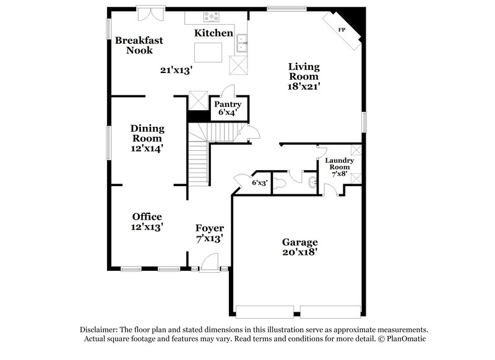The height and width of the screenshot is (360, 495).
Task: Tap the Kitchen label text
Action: coord(213,33)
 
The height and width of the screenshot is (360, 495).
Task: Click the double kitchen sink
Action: coord(242,45)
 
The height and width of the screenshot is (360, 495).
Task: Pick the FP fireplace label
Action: coord(341,30)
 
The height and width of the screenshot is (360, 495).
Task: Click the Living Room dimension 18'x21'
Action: coord(303,87)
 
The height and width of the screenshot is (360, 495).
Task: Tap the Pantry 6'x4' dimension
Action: coord(227,113)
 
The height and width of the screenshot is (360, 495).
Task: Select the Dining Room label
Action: coord(147,134)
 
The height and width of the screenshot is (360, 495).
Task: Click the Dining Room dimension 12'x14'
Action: coord(147,148)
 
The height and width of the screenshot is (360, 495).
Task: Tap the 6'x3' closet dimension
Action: coord(260,182)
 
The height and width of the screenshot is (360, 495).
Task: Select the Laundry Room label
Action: coord(340,164)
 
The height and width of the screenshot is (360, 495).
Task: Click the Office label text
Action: coord(147,216)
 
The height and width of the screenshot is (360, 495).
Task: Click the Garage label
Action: coord(300,242)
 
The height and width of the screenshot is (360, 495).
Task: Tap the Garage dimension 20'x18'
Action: coord(300,252)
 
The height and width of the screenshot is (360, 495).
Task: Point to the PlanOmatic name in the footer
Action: coord(405,340)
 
